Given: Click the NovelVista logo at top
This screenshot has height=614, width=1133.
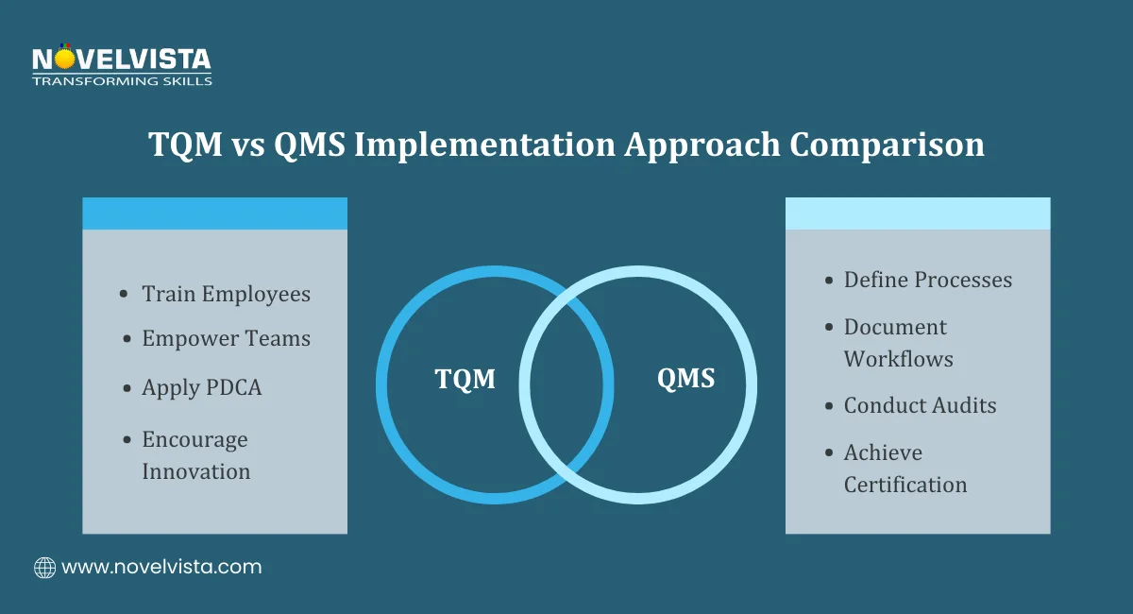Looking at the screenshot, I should point(121,60).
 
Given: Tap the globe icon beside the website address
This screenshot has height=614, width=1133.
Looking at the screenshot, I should point(44,568).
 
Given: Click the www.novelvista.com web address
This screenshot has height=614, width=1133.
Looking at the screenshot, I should point(161,568).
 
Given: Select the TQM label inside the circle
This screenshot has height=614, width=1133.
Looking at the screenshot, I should point(465,380).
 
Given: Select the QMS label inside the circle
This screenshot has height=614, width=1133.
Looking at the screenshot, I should point(685,380).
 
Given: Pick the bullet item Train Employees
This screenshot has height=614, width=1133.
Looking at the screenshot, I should point(226,294).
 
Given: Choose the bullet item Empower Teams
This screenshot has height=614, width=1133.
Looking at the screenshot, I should point(226,338).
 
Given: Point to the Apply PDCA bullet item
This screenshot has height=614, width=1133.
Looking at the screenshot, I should point(201,387).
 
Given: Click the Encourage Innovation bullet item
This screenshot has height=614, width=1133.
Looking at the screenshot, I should point(195,455).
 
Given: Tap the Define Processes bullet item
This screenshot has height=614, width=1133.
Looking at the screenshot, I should point(927,280).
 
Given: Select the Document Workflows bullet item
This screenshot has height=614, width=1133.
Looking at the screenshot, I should point(897,343).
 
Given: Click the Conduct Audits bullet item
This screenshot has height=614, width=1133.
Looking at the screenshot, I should point(920,405).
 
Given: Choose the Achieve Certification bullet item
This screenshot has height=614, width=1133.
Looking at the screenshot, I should point(905,469).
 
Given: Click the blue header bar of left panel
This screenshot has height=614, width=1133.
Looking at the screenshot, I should point(214,213).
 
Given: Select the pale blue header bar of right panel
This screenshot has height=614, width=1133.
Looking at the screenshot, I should point(918,213).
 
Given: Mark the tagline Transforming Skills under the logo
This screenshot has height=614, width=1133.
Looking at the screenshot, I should point(122,81).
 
